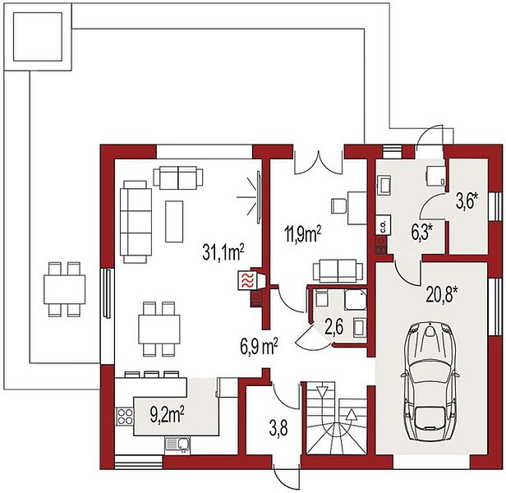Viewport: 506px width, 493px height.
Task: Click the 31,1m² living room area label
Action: click(x=223, y=251)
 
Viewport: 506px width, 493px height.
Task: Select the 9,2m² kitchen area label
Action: click(x=168, y=414)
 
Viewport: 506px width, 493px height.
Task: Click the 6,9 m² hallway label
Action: click(x=259, y=346)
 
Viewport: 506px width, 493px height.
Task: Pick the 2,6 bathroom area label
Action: click(x=334, y=326)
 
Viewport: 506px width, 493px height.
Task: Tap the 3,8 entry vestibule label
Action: click(x=278, y=429)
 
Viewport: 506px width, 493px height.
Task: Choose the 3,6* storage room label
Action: click(x=467, y=202)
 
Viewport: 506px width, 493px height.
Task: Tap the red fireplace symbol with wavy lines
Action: click(x=246, y=279)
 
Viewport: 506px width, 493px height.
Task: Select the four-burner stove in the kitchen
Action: click(x=125, y=416)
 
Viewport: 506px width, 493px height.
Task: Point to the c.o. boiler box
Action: click(x=384, y=224)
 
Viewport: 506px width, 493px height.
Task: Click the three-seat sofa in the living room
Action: click(x=136, y=222)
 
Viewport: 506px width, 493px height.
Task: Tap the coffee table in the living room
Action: click(x=174, y=221)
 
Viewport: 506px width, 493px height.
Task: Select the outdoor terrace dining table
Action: click(x=65, y=289)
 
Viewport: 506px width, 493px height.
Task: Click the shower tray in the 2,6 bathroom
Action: click(x=356, y=300)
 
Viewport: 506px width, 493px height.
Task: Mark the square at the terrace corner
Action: click(x=38, y=36)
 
